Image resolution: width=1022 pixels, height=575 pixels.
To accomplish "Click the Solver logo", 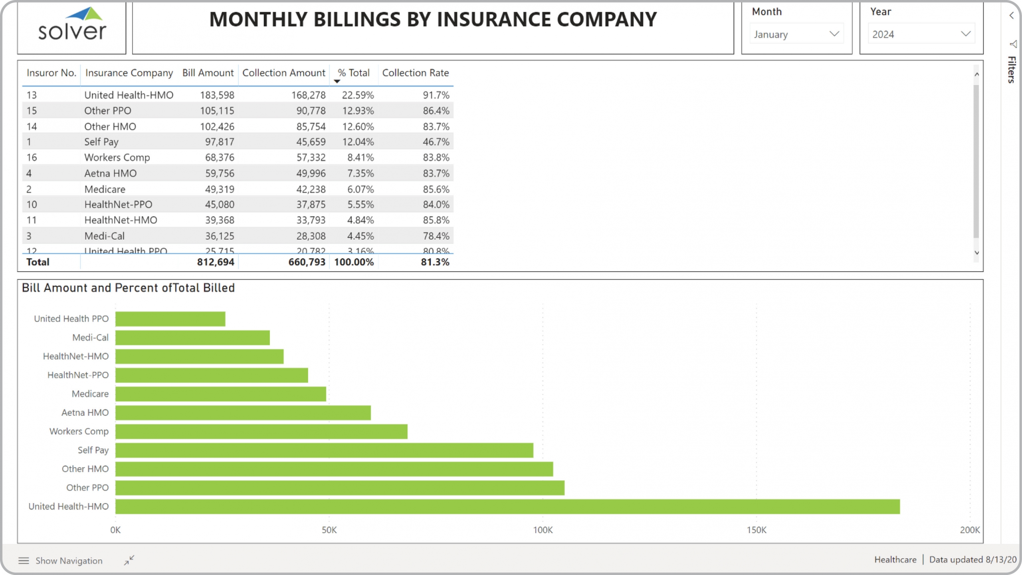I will point(72,25).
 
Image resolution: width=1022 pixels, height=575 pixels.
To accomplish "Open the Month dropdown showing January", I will point(796,34).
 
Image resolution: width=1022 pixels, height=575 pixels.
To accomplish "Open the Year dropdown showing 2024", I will point(921,34).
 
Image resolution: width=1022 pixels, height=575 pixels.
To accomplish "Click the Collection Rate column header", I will point(415,73).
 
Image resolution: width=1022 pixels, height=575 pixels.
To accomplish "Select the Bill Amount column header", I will point(208,73).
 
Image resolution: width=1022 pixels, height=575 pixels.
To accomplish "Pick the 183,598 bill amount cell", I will point(217,95).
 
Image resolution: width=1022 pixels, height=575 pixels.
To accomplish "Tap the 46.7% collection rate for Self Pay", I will point(436,142).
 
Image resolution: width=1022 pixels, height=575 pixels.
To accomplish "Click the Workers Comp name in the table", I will point(117,157).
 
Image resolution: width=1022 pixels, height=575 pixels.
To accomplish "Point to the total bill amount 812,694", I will point(216,262).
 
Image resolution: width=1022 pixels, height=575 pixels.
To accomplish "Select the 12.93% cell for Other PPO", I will point(358,111).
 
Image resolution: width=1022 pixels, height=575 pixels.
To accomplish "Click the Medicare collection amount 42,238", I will point(311,189).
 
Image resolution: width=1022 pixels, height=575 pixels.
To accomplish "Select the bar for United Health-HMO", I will point(507,506).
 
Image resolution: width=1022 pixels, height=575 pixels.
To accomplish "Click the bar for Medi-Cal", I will point(192,338).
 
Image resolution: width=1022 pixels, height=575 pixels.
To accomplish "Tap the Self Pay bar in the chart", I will point(324,450).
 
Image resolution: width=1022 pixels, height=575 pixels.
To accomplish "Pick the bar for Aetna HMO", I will point(243,413).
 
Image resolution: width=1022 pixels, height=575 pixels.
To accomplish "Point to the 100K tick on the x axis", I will point(543,530).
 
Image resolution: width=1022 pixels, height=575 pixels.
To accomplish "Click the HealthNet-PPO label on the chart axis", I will point(78,375).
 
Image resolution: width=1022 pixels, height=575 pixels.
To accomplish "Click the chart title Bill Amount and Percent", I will point(128,288).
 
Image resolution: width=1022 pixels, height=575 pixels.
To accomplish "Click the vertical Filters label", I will point(1012,70).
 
